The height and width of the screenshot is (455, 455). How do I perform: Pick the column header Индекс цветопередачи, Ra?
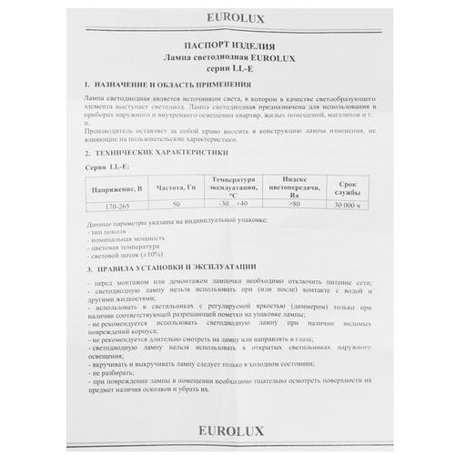click(x=293, y=187)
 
